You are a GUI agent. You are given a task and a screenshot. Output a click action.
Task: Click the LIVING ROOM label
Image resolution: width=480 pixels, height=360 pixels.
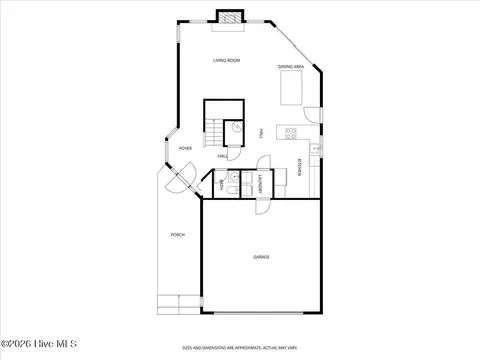[226, 61]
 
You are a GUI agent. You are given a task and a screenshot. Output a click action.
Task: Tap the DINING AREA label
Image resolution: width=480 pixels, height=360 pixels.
[290, 67]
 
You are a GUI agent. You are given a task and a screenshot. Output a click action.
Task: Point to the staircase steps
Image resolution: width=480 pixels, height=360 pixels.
[215, 130]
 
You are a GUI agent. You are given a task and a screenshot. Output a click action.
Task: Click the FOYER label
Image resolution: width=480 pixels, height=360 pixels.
[185, 148]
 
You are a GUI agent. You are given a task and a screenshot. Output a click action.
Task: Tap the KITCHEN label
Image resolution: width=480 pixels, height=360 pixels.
[299, 168]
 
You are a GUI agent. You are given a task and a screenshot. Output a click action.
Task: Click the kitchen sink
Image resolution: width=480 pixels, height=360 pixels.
[313, 150]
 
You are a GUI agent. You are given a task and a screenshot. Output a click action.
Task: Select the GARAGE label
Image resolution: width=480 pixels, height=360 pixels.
[261, 257]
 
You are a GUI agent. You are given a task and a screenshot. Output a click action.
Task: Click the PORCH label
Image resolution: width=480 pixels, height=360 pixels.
[178, 234]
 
